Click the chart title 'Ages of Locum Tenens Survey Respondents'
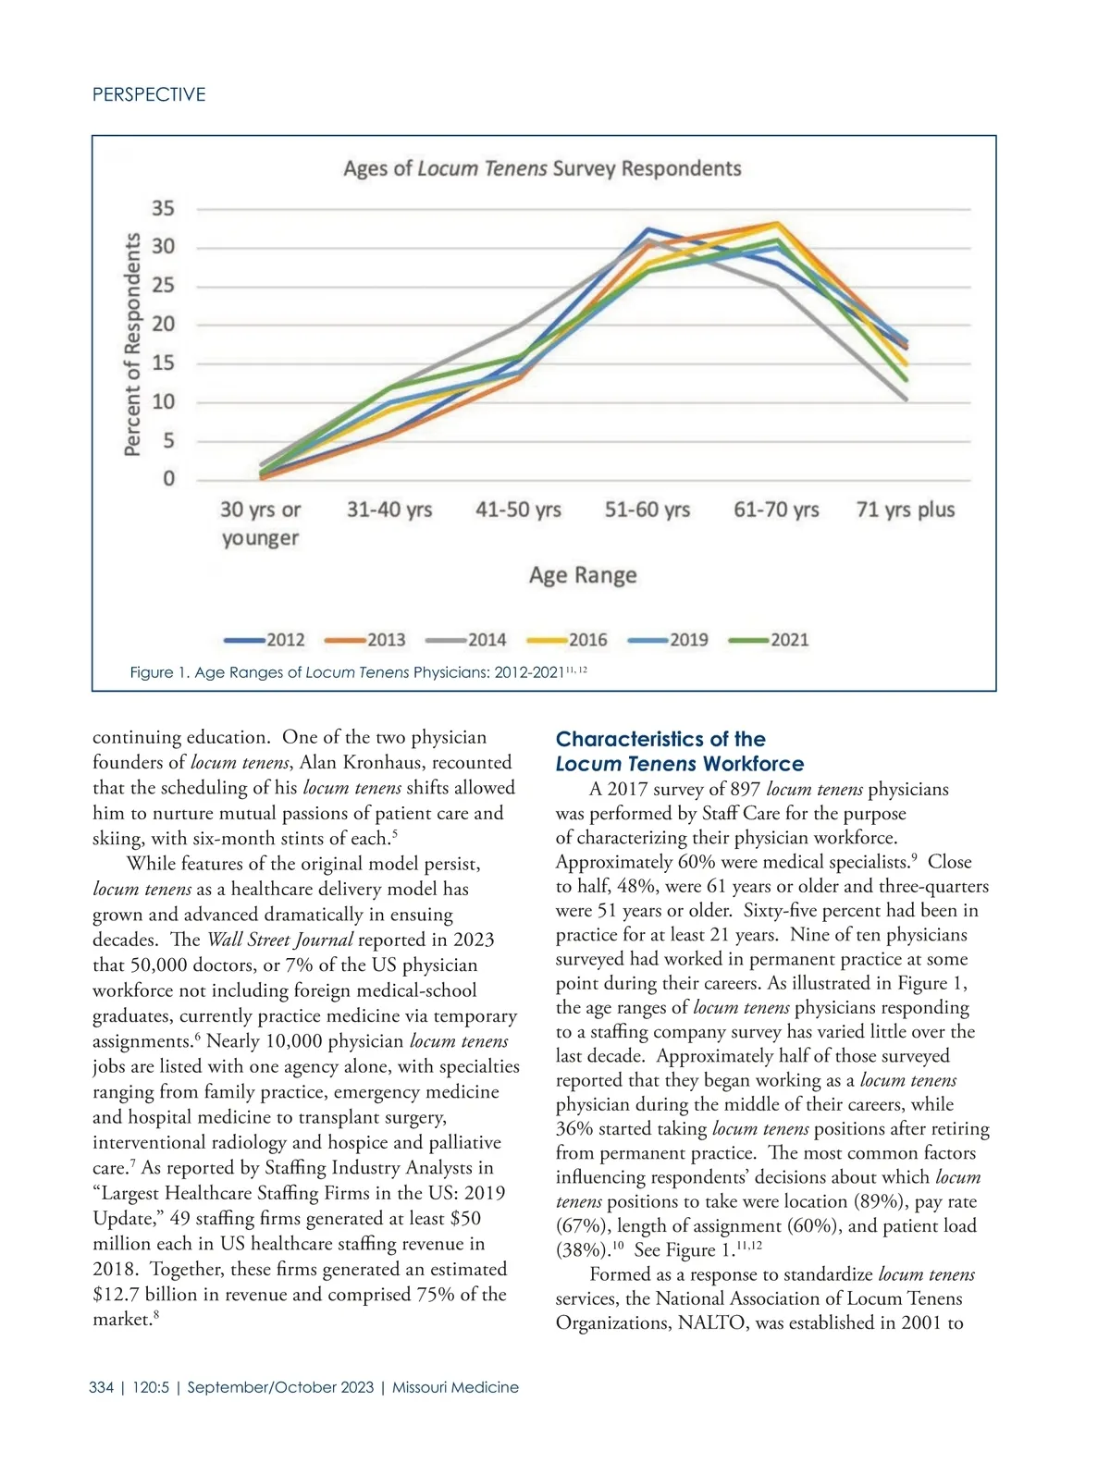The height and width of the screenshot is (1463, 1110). (542, 169)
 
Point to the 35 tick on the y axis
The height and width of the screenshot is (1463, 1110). (163, 208)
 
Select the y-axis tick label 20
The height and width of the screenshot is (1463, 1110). (163, 325)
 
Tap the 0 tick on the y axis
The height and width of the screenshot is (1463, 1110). (168, 479)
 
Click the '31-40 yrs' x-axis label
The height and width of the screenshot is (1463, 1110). (389, 510)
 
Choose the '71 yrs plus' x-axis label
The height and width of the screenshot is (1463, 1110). (906, 510)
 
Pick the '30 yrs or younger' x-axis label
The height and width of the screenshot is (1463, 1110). (261, 523)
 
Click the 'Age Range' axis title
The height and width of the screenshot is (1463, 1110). (583, 575)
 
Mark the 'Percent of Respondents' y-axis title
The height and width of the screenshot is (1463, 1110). (133, 344)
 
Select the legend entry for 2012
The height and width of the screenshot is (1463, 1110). (265, 640)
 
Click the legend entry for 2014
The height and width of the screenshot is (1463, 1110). (467, 640)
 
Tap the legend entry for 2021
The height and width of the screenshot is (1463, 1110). (770, 640)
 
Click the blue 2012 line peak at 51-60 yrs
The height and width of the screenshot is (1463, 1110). (647, 229)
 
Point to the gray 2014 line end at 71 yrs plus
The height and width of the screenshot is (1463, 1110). (905, 400)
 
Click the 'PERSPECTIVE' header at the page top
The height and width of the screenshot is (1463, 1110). (149, 94)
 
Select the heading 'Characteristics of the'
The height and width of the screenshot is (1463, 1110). (660, 739)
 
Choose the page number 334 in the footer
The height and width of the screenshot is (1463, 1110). (102, 1387)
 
